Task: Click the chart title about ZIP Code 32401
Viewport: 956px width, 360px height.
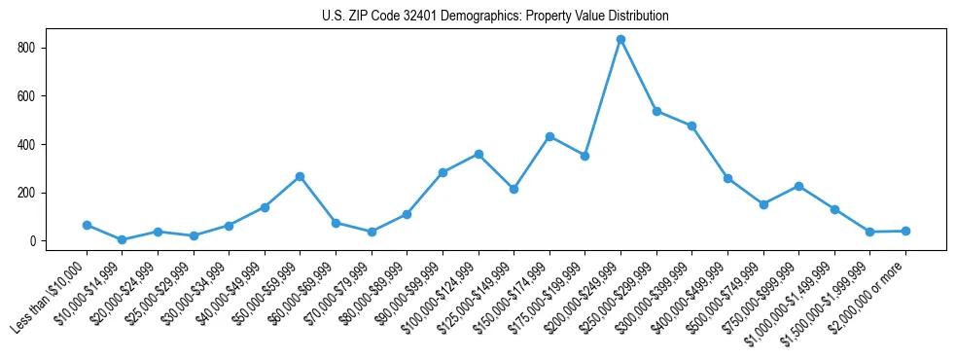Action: (495, 17)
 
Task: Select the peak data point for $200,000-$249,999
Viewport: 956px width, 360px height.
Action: (620, 39)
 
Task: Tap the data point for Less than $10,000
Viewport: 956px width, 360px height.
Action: (87, 225)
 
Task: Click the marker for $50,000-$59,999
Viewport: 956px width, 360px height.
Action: (301, 176)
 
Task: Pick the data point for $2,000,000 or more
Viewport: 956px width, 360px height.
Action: (905, 231)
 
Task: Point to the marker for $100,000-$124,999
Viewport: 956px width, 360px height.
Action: (478, 154)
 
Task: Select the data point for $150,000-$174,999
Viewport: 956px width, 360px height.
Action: (549, 136)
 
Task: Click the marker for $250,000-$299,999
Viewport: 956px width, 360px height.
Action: (656, 111)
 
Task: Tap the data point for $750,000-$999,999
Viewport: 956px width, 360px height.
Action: (798, 186)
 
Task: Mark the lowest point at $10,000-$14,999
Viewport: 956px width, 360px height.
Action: (122, 239)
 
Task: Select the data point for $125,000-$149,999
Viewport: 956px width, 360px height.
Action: (513, 189)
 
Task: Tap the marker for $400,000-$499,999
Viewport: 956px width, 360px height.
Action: (727, 178)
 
